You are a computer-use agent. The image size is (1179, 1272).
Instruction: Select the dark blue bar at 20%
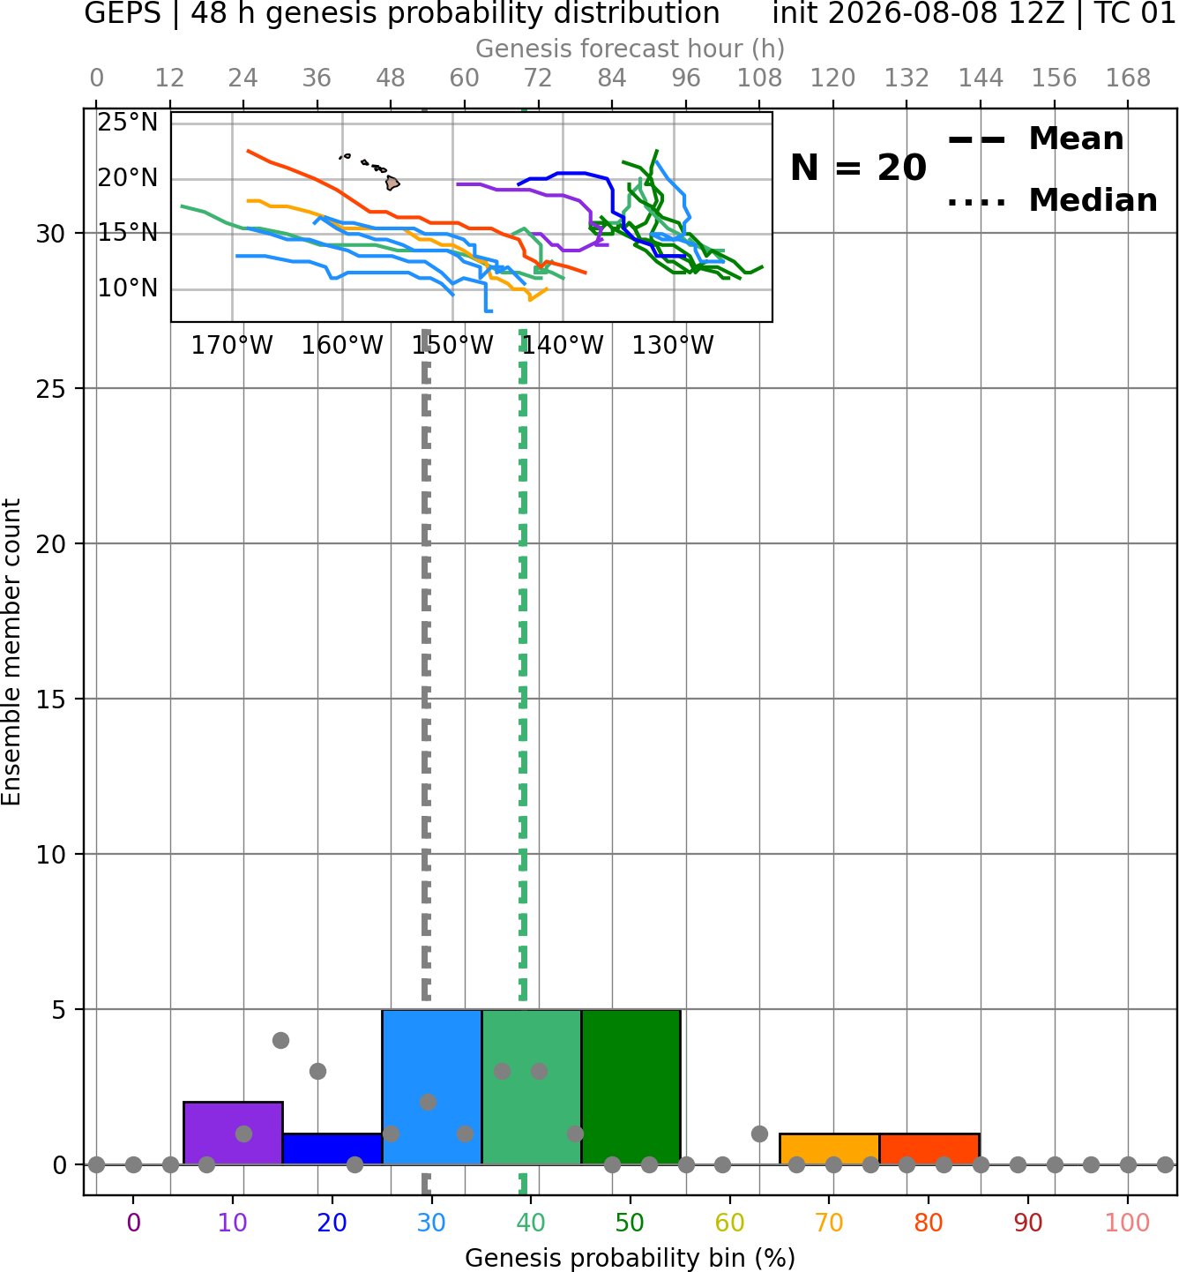coord(332,1149)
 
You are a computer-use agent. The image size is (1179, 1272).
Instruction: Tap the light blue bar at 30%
coord(431,1087)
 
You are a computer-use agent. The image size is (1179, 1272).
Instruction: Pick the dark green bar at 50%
coord(631,1087)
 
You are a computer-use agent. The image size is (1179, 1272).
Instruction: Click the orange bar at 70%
coord(829,1149)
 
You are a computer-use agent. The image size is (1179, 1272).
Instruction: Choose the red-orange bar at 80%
coord(929,1149)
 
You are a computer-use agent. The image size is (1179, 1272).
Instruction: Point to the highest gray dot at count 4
coord(280,1040)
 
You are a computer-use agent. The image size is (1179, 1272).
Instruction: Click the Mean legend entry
coord(1035,139)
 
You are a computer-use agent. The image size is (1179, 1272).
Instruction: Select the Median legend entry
coord(1052,200)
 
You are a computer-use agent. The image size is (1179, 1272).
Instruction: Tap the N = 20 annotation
coord(858,168)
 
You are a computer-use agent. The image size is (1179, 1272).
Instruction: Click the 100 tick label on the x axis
coord(1128,1223)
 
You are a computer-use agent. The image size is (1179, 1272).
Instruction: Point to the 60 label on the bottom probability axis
coord(730,1223)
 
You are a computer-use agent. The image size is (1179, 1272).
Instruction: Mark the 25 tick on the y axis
coord(50,389)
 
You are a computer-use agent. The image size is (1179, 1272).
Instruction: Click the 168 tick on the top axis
coord(1128,79)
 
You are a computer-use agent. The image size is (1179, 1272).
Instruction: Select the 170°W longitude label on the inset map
coord(232,346)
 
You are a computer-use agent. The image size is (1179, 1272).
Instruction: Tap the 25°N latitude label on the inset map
coord(128,123)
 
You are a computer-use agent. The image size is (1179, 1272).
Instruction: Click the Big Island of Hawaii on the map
coord(392,183)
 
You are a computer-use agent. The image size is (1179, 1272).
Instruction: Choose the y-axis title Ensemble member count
coord(11,652)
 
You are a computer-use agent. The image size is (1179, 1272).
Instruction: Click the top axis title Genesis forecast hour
coord(631,49)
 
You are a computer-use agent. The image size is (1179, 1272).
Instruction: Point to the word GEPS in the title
coord(123,13)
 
